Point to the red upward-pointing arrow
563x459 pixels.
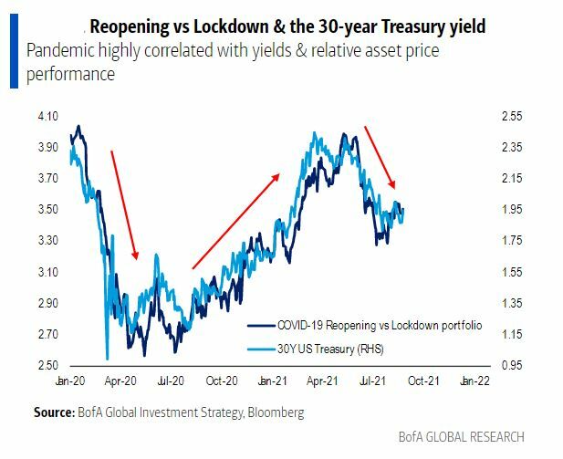tap(235, 222)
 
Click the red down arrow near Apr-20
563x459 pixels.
tap(124, 204)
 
